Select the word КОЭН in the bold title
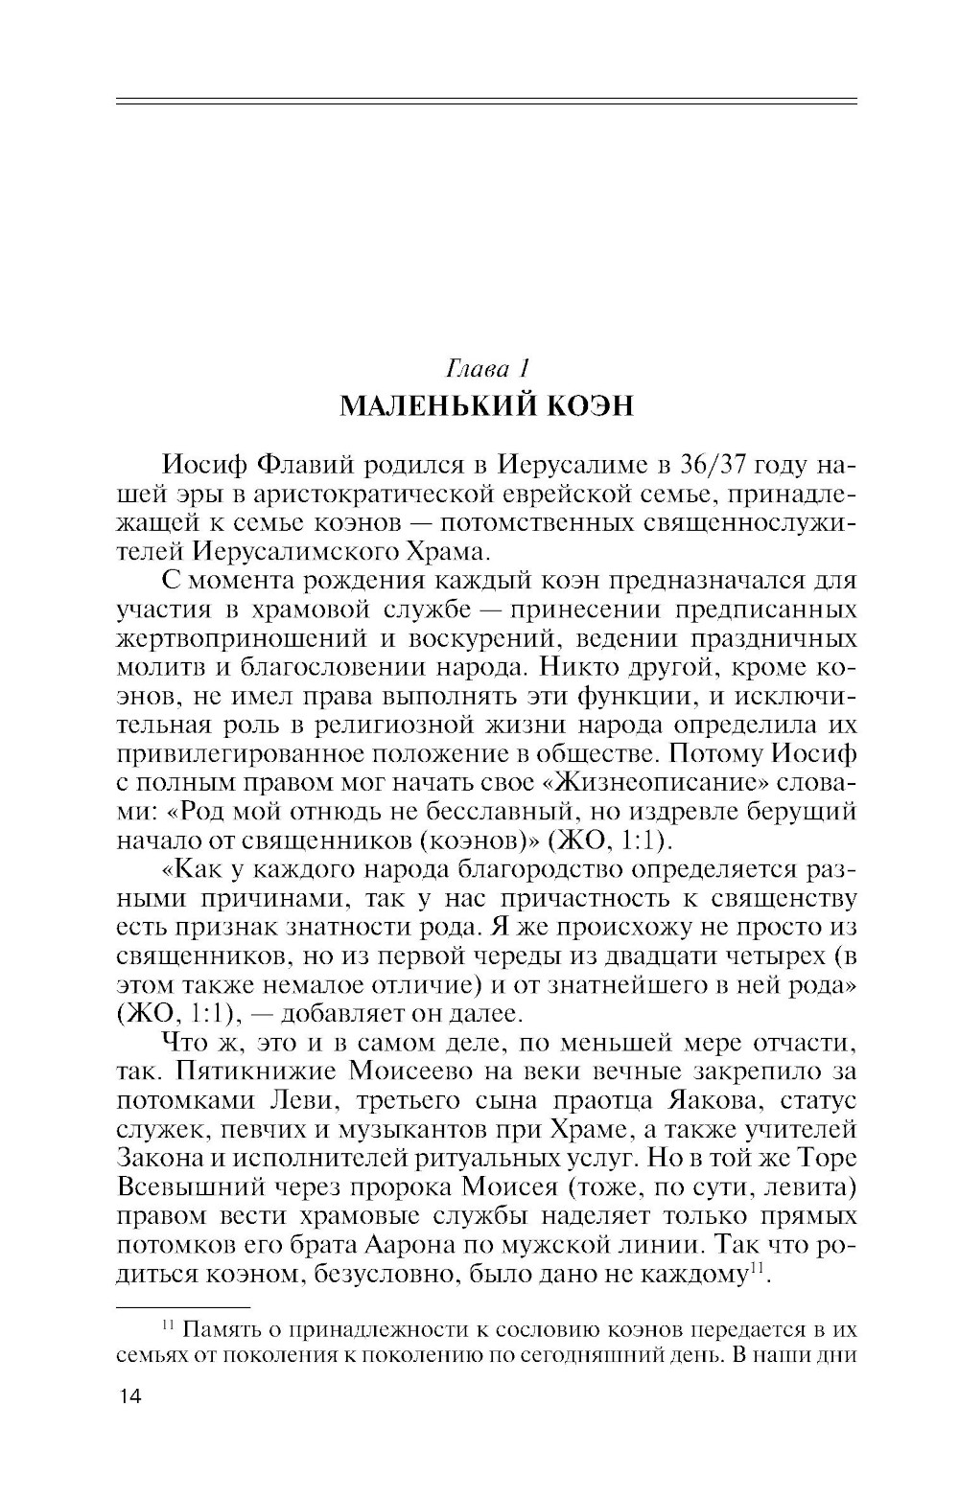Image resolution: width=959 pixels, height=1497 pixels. [590, 406]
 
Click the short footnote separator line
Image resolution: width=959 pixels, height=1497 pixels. [182, 1305]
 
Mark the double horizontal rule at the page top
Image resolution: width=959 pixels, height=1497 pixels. [486, 100]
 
